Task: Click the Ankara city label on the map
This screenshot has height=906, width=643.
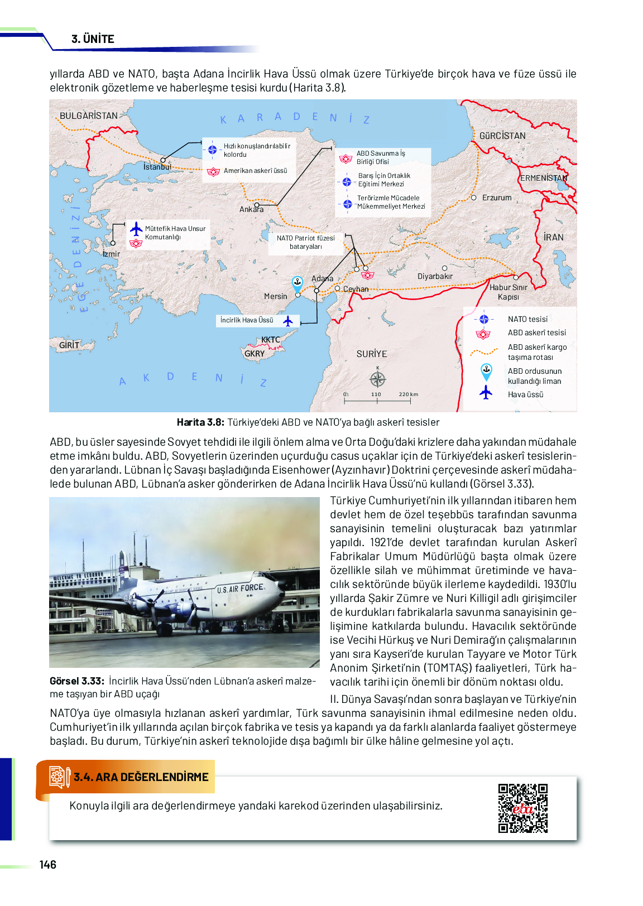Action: [251, 209]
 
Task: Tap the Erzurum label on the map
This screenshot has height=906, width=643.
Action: [497, 197]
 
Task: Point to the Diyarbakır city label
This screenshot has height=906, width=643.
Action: [435, 276]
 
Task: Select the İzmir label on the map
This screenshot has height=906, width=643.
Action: [111, 254]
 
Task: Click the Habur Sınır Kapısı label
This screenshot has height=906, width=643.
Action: [508, 292]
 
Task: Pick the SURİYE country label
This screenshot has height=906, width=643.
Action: [372, 354]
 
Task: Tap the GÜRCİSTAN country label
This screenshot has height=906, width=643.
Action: [502, 136]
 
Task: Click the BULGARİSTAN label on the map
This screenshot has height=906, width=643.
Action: [89, 115]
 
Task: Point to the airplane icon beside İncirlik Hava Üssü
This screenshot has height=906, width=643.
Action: [288, 321]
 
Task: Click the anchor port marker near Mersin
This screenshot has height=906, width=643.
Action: [297, 282]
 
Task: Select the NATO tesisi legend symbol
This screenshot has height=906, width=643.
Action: [484, 319]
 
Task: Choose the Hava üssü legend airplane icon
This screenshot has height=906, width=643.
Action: [486, 393]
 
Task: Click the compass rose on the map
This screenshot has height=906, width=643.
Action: [378, 379]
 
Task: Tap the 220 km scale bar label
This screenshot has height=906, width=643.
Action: [408, 394]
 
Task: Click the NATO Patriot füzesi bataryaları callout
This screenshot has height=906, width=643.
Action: [305, 242]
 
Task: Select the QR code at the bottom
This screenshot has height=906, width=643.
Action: [523, 808]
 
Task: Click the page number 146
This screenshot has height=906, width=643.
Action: [48, 865]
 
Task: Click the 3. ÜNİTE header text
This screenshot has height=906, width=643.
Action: [93, 39]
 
